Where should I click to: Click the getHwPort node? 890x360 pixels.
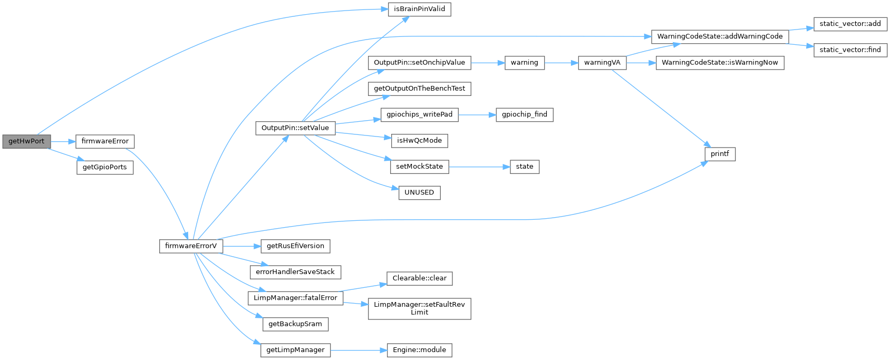click(x=26, y=141)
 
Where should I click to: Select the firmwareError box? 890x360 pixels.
click(x=105, y=141)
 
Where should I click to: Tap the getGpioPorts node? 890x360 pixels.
click(x=105, y=168)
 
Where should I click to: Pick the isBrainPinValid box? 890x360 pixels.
click(x=420, y=9)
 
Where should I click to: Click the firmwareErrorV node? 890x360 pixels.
click(x=191, y=246)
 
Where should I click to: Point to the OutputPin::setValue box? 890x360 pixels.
click(x=295, y=128)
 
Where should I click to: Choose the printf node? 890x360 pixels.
click(x=720, y=154)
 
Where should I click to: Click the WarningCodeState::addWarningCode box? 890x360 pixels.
click(x=720, y=36)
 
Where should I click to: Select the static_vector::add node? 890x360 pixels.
click(x=850, y=24)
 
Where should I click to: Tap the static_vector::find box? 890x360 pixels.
click(x=850, y=50)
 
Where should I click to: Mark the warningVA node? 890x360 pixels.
click(x=602, y=63)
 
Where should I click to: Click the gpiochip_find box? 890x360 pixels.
click(x=524, y=114)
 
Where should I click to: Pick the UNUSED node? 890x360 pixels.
click(x=419, y=192)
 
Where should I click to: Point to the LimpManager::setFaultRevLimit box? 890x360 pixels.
click(x=419, y=308)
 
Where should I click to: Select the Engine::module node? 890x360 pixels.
click(x=419, y=350)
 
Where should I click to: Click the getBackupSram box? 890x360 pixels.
click(x=295, y=324)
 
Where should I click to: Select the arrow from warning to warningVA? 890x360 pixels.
click(x=561, y=63)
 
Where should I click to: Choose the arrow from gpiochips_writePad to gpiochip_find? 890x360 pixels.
click(x=477, y=114)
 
